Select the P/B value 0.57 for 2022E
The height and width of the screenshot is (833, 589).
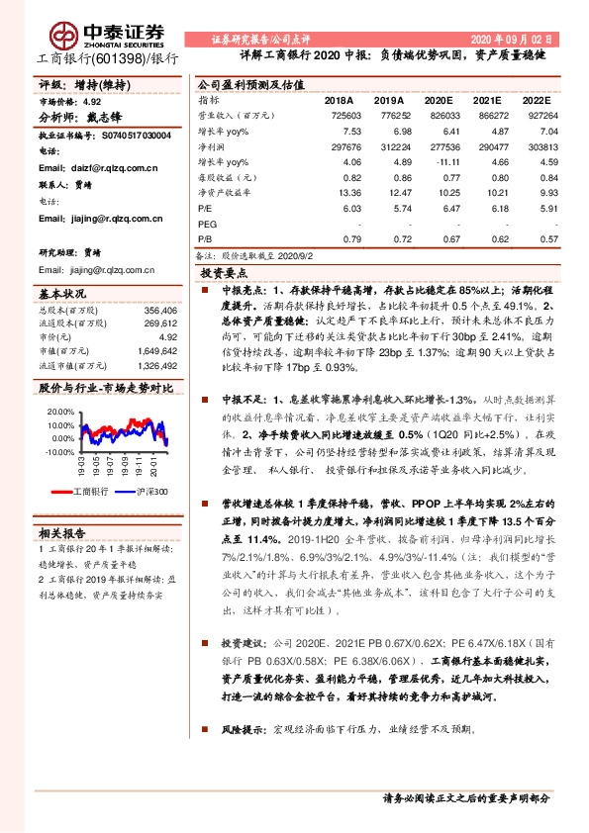coord(538,239)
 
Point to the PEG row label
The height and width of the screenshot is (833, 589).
coord(207,225)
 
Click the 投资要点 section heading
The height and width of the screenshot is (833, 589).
coord(224,272)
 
